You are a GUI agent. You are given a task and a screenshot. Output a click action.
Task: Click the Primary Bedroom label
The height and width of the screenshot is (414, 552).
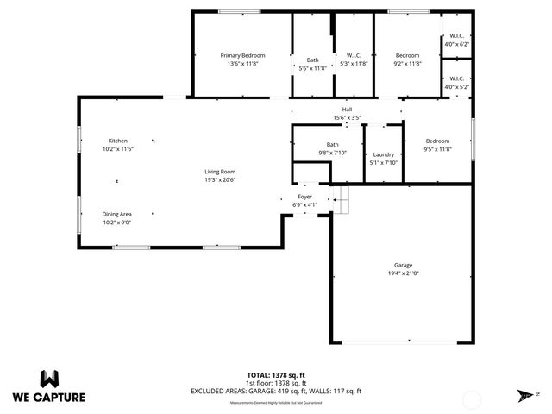[242, 55]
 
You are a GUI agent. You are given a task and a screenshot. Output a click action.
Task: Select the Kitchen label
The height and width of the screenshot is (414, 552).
[117, 141]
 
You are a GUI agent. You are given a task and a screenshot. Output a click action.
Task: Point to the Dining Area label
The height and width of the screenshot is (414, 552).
[117, 213]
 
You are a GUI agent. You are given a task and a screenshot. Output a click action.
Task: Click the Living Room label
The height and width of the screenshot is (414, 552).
[220, 172]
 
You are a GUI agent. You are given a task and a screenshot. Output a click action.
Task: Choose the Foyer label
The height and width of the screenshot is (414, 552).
[305, 198]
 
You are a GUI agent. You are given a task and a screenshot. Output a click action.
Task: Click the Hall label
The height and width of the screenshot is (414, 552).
[347, 110]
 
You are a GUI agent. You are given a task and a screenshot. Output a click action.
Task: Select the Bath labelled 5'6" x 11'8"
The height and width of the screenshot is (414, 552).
[312, 60]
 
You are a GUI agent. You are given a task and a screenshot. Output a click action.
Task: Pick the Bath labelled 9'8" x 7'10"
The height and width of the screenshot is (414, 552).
[332, 145]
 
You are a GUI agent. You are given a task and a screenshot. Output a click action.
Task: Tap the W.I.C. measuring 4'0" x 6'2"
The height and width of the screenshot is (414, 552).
[456, 36]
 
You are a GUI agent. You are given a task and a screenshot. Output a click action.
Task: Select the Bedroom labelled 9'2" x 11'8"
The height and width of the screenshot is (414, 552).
[407, 55]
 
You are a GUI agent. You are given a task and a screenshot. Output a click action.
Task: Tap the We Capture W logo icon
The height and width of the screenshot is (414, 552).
[49, 379]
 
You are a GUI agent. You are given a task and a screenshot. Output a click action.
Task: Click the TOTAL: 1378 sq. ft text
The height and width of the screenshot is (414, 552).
[275, 376]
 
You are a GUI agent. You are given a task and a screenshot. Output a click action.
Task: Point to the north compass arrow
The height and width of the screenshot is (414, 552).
[524, 395]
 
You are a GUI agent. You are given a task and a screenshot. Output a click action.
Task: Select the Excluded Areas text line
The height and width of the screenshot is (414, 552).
[275, 391]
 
